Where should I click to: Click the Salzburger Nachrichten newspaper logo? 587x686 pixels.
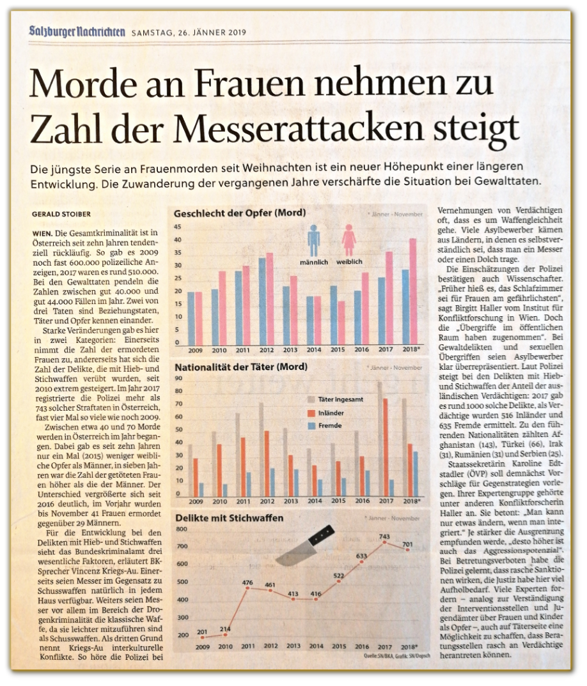(77, 32)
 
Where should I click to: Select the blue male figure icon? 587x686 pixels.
(313, 241)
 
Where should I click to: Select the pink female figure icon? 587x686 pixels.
(349, 241)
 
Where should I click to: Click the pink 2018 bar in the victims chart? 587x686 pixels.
(413, 291)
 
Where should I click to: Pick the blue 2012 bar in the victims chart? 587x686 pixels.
(262, 300)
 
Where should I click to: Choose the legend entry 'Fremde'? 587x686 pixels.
(329, 425)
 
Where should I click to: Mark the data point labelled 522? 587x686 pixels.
(338, 581)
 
